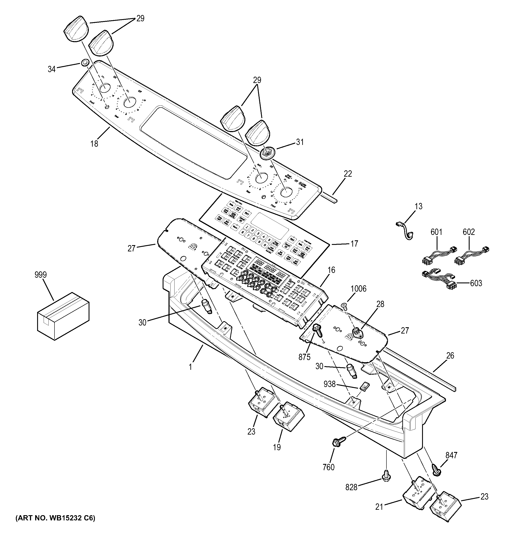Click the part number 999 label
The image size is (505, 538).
click(x=41, y=275)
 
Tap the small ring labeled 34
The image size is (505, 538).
click(x=84, y=63)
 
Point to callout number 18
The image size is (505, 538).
click(x=94, y=143)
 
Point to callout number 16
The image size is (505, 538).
click(x=332, y=270)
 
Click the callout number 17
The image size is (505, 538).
click(x=354, y=244)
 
